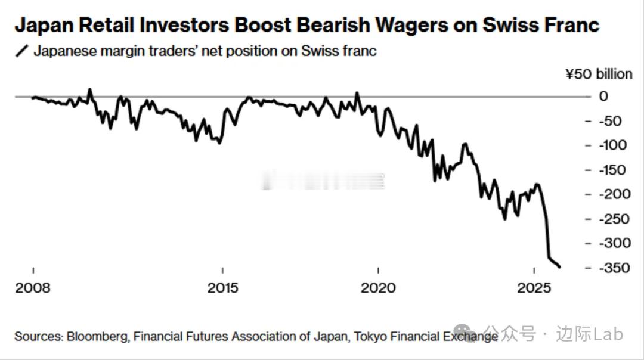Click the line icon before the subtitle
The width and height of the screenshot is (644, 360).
tap(22, 51)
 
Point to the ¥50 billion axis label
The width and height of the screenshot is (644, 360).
tap(599, 74)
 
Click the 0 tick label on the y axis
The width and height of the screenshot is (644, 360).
tap(603, 97)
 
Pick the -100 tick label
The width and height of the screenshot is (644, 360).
tap(609, 145)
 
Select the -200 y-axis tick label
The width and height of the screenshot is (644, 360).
tap(609, 194)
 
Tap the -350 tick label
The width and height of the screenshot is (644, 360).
tap(609, 268)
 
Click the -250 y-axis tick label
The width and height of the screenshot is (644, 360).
tap(609, 219)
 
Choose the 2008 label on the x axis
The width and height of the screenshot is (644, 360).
tap(33, 288)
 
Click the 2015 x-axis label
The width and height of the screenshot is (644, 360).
tap(222, 288)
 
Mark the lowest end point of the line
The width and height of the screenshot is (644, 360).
tap(559, 267)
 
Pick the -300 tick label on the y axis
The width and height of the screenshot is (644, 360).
tap(609, 243)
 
